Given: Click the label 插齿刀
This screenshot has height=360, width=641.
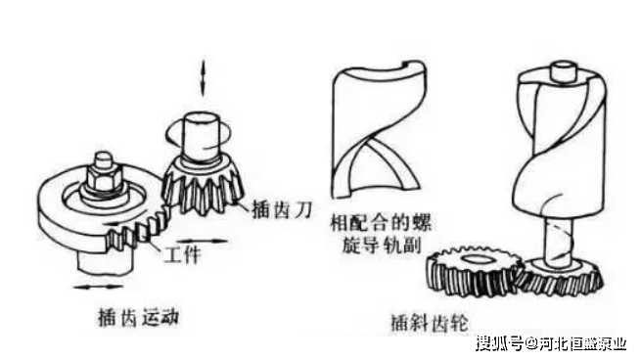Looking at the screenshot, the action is [x=283, y=209].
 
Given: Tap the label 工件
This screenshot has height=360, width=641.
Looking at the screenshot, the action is [x=183, y=254].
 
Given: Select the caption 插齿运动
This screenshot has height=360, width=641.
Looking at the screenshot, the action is [x=138, y=317].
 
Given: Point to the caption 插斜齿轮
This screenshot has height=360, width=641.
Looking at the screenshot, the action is [x=429, y=323].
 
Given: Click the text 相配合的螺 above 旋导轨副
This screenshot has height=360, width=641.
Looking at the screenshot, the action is [x=381, y=223].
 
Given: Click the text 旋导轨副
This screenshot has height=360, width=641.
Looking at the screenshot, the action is [x=381, y=246].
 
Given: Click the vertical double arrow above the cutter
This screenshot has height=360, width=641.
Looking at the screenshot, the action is [x=203, y=78].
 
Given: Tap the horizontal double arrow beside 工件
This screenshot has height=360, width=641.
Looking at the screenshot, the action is [x=202, y=241].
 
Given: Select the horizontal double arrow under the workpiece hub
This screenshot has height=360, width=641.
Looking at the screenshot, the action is [x=98, y=287].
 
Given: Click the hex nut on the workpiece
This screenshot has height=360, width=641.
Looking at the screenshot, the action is [x=104, y=179].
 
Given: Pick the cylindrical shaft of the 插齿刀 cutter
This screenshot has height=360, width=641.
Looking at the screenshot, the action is [x=202, y=136].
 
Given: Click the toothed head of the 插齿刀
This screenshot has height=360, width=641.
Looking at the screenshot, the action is [x=203, y=186].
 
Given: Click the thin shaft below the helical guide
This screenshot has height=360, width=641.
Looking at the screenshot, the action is [x=559, y=241].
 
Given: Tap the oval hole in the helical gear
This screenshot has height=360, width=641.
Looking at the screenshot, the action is [x=474, y=259].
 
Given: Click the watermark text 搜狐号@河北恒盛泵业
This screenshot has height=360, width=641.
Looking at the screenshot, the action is [x=551, y=343].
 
